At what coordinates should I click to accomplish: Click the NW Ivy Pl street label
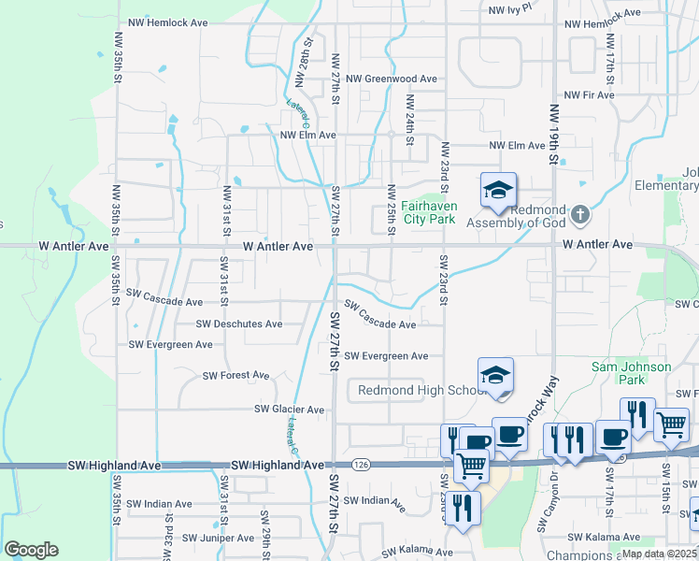(x=509, y=7)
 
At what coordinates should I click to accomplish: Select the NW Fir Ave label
(x=589, y=94)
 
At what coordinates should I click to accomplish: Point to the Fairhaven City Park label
(x=428, y=212)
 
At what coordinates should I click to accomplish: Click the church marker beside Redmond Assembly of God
(x=580, y=215)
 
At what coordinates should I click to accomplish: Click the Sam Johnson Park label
(x=632, y=373)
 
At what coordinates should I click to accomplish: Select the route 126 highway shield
(x=361, y=465)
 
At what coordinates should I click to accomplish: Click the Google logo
(x=31, y=550)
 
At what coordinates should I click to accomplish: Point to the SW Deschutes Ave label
(x=239, y=324)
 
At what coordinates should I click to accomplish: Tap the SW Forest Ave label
(x=236, y=376)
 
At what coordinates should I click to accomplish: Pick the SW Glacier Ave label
(x=290, y=410)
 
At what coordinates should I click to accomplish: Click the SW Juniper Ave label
(x=218, y=538)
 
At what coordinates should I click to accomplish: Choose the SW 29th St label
(x=265, y=529)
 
